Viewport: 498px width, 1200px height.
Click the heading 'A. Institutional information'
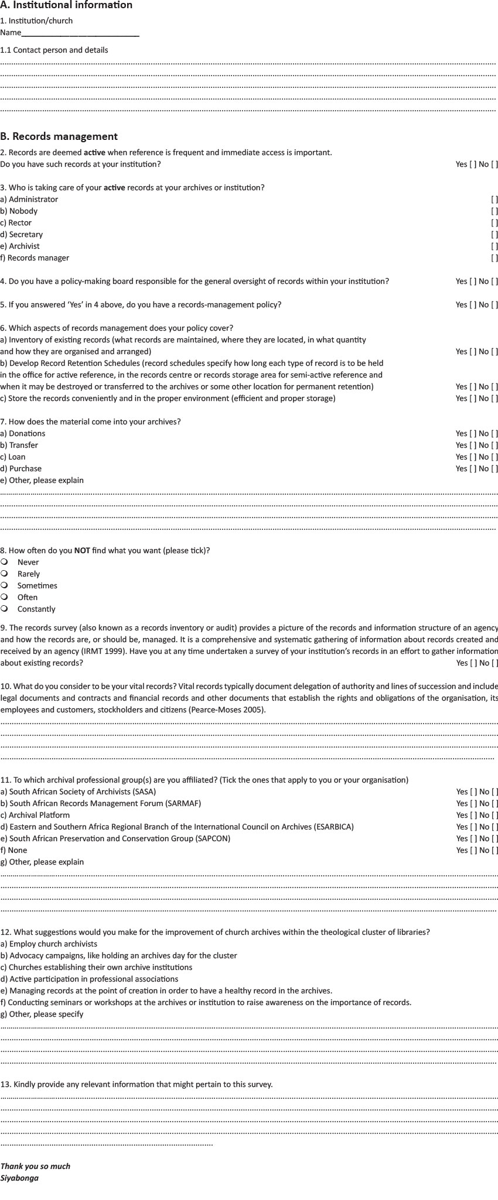tap(66, 5)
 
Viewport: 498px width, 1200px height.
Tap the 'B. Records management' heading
tap(59, 136)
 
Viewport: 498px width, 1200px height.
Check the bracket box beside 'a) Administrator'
tap(494, 200)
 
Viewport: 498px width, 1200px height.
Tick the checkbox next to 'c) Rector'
tap(494, 223)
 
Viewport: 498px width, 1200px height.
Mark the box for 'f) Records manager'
tap(494, 258)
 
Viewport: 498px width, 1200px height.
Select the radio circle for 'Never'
tap(5, 562)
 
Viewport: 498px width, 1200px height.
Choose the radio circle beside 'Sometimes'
tap(5, 585)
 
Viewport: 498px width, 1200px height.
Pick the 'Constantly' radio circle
tap(5, 609)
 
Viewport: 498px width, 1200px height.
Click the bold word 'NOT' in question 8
tap(82, 551)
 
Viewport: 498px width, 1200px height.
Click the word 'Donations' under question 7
tap(27, 434)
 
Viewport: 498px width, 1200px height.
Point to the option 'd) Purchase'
tap(21, 469)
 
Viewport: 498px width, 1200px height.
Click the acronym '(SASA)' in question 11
tap(144, 792)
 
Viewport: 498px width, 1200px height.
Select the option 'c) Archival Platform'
tap(35, 815)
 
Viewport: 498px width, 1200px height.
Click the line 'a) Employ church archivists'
tap(49, 944)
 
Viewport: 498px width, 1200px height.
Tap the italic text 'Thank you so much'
tap(35, 1167)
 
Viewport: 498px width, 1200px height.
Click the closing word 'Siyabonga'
tap(19, 1178)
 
